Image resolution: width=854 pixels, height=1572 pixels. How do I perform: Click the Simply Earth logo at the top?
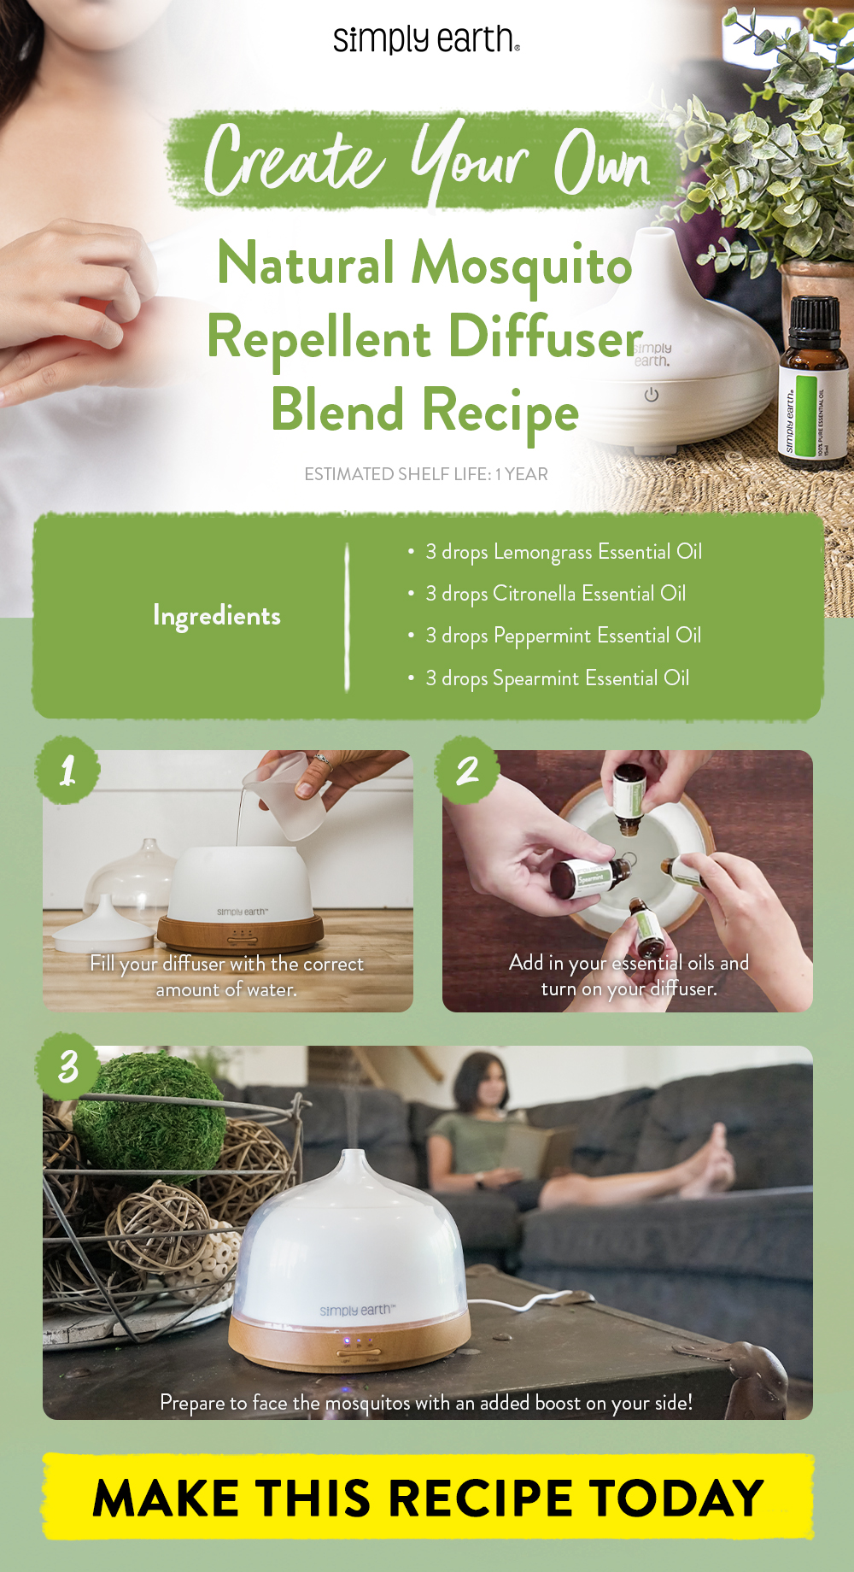426,39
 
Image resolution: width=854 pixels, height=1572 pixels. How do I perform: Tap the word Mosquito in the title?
522,264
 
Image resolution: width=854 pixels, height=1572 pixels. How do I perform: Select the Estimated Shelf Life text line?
426,474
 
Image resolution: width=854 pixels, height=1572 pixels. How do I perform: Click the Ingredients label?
217,616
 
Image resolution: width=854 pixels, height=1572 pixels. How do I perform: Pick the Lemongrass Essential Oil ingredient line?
564,552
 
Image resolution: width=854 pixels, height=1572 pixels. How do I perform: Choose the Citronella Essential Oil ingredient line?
555,594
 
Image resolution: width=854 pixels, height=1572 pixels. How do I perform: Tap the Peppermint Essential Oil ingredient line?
564,636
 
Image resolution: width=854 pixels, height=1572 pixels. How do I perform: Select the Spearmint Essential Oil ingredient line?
557,678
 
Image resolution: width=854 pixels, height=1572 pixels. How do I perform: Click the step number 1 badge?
68,771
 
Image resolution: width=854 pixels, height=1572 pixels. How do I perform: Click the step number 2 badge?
467,771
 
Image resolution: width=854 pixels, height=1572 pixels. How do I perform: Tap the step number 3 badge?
68,1066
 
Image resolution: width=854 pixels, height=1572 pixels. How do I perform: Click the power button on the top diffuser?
652,395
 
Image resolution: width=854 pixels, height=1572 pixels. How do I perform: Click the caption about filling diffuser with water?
227,977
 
